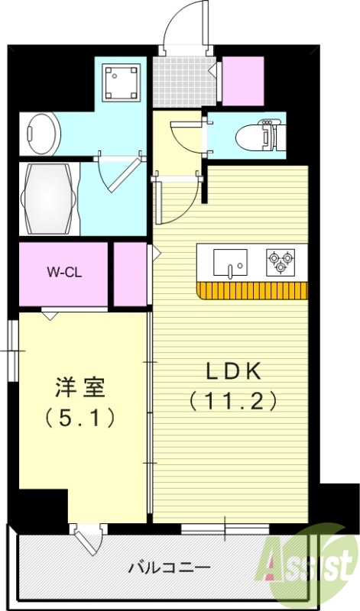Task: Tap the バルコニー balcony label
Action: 169,568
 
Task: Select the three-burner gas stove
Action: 280,262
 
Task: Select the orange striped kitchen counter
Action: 253,290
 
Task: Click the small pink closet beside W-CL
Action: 130,273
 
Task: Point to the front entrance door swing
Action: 183,27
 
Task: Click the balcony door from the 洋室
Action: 87,538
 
